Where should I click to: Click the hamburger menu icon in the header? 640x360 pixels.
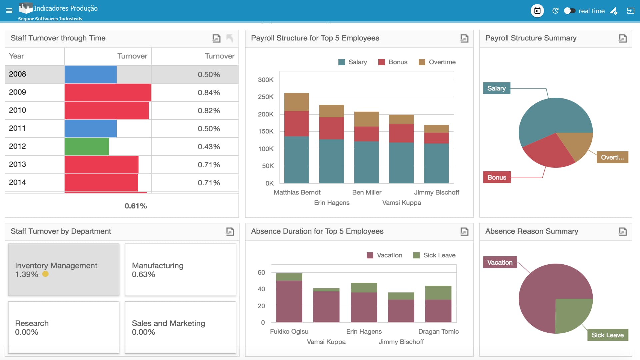click(x=9, y=11)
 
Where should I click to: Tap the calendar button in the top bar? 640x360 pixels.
click(x=537, y=11)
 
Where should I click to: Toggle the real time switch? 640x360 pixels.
click(x=570, y=11)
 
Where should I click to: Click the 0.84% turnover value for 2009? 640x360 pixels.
click(x=209, y=93)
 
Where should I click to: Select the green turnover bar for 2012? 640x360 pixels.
click(x=87, y=147)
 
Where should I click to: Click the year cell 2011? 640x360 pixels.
click(x=17, y=128)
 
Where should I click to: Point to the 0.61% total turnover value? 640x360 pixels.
click(x=136, y=206)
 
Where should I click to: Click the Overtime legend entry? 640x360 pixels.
click(x=437, y=62)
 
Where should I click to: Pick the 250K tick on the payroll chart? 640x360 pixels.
click(x=266, y=97)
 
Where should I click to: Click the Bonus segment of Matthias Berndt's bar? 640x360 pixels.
click(x=296, y=124)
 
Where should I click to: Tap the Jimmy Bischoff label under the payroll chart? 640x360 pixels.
click(x=436, y=192)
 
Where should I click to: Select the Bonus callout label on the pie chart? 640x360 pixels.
click(x=497, y=177)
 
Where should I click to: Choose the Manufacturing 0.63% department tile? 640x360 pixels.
click(x=180, y=270)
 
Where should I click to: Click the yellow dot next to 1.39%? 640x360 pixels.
click(x=45, y=274)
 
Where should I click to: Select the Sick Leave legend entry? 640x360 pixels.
click(x=434, y=255)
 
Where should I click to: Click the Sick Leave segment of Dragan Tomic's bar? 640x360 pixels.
click(x=438, y=293)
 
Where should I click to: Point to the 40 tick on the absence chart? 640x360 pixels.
click(x=261, y=289)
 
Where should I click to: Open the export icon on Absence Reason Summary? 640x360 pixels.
click(x=622, y=231)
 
